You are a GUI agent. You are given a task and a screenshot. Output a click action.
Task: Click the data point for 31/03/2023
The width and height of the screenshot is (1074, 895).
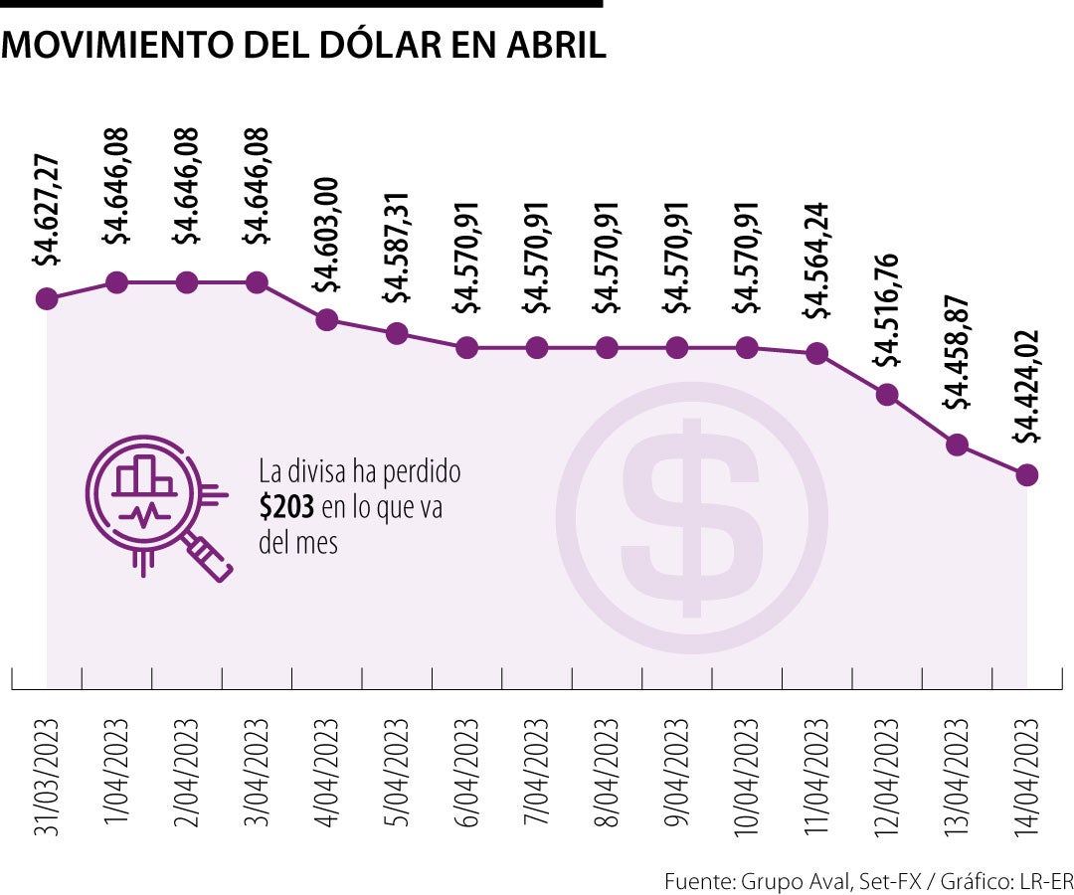46,298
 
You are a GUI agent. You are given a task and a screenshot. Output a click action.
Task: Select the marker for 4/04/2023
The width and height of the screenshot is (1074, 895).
326,320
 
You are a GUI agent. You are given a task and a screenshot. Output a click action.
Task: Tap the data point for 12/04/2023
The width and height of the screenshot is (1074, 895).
887,395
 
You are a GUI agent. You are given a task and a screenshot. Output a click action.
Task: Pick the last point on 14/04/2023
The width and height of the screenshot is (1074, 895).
1027,474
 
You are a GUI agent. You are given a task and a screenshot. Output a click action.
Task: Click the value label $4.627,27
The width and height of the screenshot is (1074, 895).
47,211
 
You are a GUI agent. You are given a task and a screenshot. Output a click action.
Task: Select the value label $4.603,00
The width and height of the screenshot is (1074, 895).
327,234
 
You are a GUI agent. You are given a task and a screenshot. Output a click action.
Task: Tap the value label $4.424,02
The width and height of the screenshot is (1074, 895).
1027,387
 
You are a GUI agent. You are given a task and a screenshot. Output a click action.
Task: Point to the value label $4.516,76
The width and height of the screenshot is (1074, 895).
888,308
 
